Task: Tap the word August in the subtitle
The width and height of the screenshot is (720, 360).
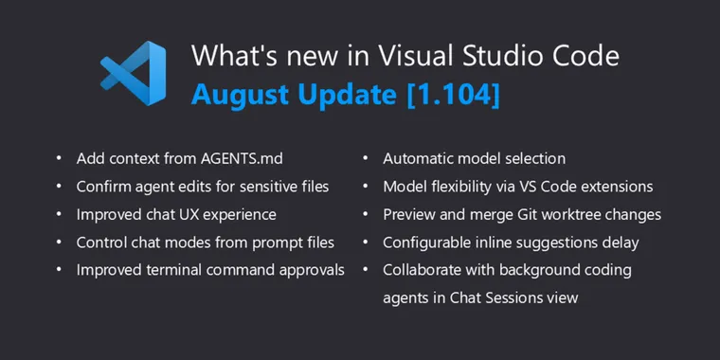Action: (236, 95)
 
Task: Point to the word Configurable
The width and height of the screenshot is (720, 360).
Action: (426, 242)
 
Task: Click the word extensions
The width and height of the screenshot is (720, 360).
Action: (616, 187)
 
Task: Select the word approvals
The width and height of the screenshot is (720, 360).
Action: (309, 269)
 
